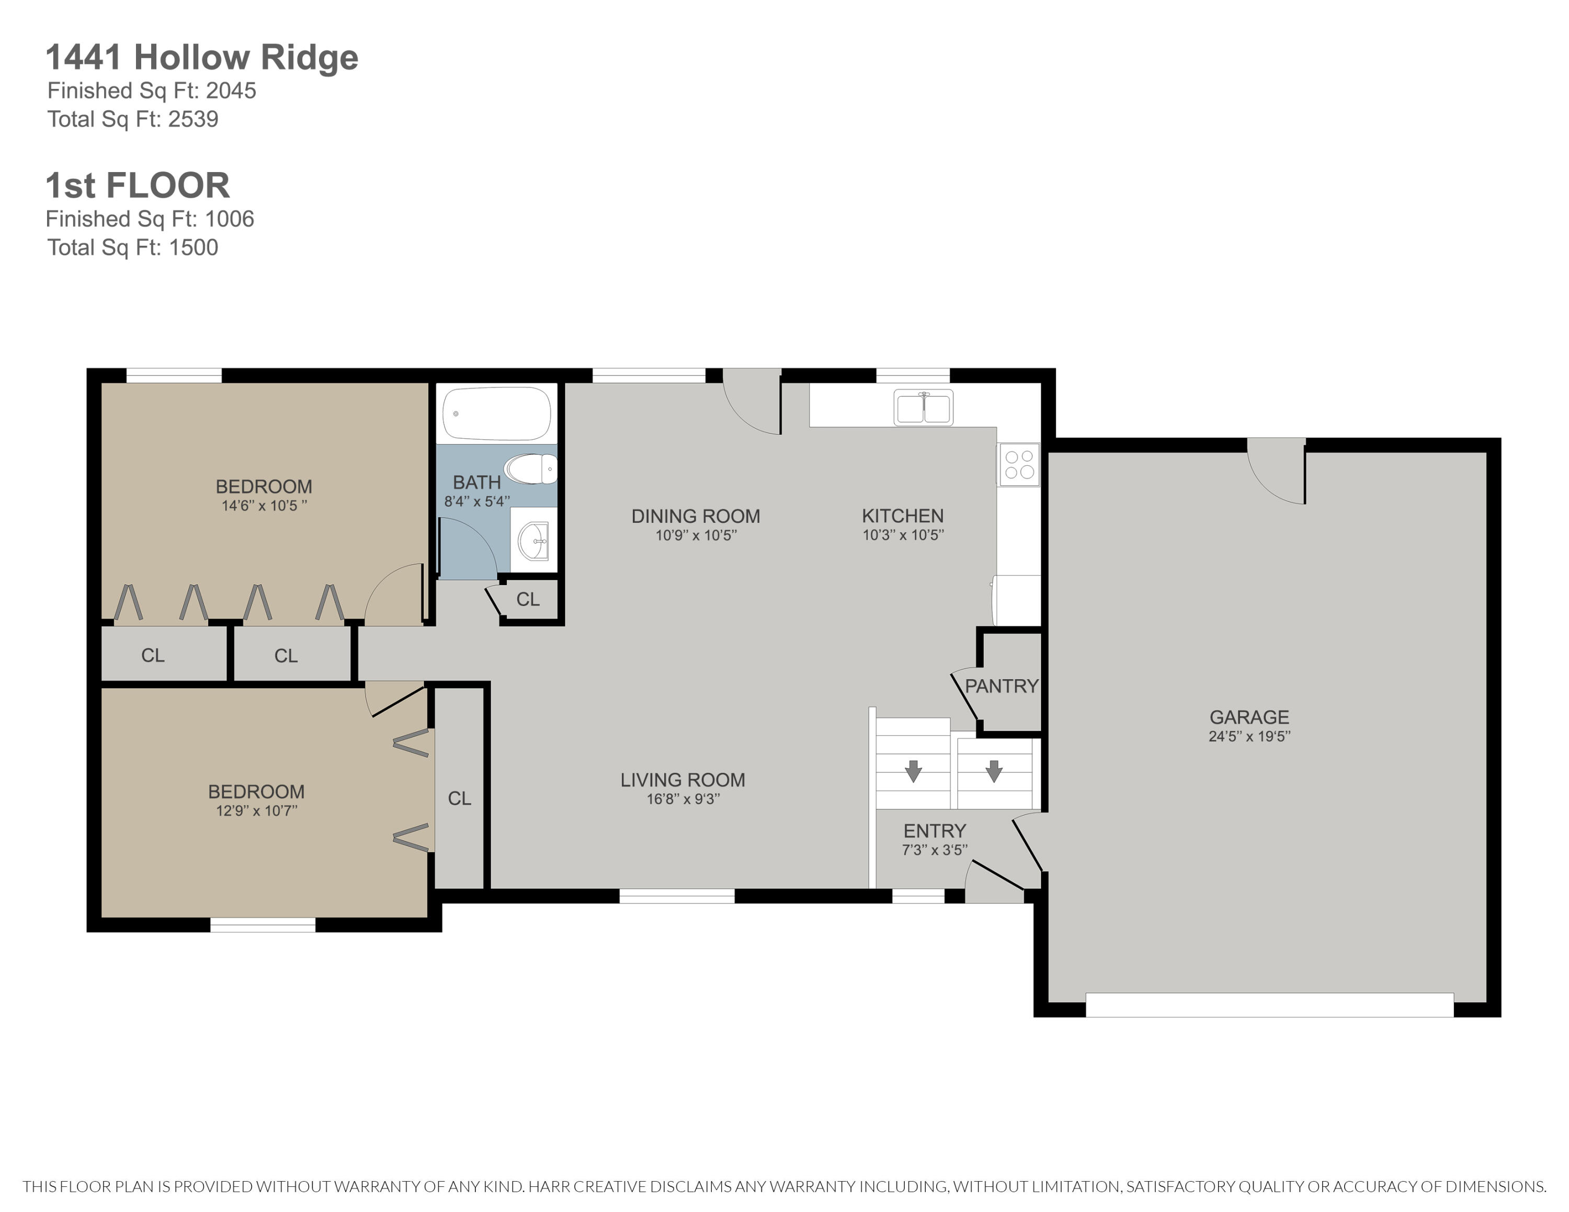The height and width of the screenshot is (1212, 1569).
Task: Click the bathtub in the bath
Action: (496, 414)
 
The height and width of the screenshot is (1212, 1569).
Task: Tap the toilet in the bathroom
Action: (530, 470)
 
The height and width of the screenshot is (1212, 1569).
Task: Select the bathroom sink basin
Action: (533, 540)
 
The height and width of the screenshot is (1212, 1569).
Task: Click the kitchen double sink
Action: (923, 408)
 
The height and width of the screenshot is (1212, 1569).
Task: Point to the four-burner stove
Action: (1019, 464)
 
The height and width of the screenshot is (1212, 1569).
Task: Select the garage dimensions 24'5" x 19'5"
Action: (1249, 736)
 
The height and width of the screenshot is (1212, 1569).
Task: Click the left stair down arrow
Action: (913, 770)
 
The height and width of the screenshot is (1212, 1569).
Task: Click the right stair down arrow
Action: (994, 770)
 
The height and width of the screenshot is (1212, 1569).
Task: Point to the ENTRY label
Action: (934, 831)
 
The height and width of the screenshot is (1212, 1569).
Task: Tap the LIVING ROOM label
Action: (683, 780)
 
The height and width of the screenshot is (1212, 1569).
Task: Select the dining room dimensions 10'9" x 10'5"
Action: (696, 535)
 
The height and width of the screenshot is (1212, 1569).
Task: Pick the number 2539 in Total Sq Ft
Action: (194, 119)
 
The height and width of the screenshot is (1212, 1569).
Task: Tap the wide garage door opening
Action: (1269, 1004)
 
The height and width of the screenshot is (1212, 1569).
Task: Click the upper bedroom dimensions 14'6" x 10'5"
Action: (264, 506)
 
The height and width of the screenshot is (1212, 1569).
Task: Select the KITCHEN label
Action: (902, 516)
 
